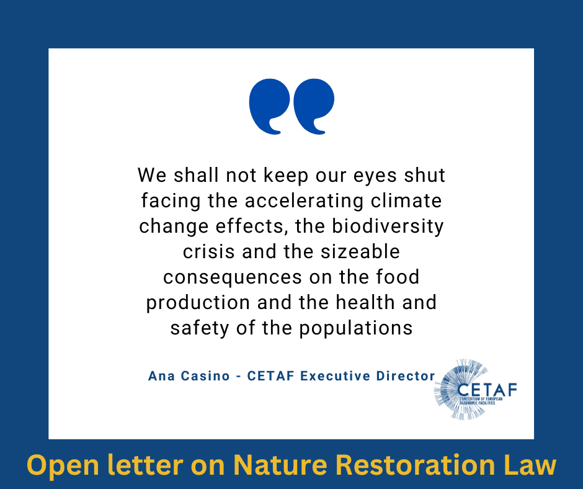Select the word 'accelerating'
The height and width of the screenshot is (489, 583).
pos(304,202)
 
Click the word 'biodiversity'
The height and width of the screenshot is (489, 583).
pos(388,227)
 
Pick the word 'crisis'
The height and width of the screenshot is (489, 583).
pos(208,252)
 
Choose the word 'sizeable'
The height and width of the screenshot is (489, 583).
pos(360,251)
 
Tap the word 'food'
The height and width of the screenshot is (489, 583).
pos(398,277)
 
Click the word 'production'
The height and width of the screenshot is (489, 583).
pos(198,303)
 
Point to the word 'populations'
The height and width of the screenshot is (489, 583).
pos(356,329)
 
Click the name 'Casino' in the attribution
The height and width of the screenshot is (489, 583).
pos(205,376)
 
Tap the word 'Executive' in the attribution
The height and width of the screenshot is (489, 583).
pos(335,376)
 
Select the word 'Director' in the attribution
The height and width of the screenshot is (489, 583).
pos(406,376)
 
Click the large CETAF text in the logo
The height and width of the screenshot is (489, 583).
pos(487,390)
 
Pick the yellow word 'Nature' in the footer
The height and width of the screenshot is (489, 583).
pos(280,465)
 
